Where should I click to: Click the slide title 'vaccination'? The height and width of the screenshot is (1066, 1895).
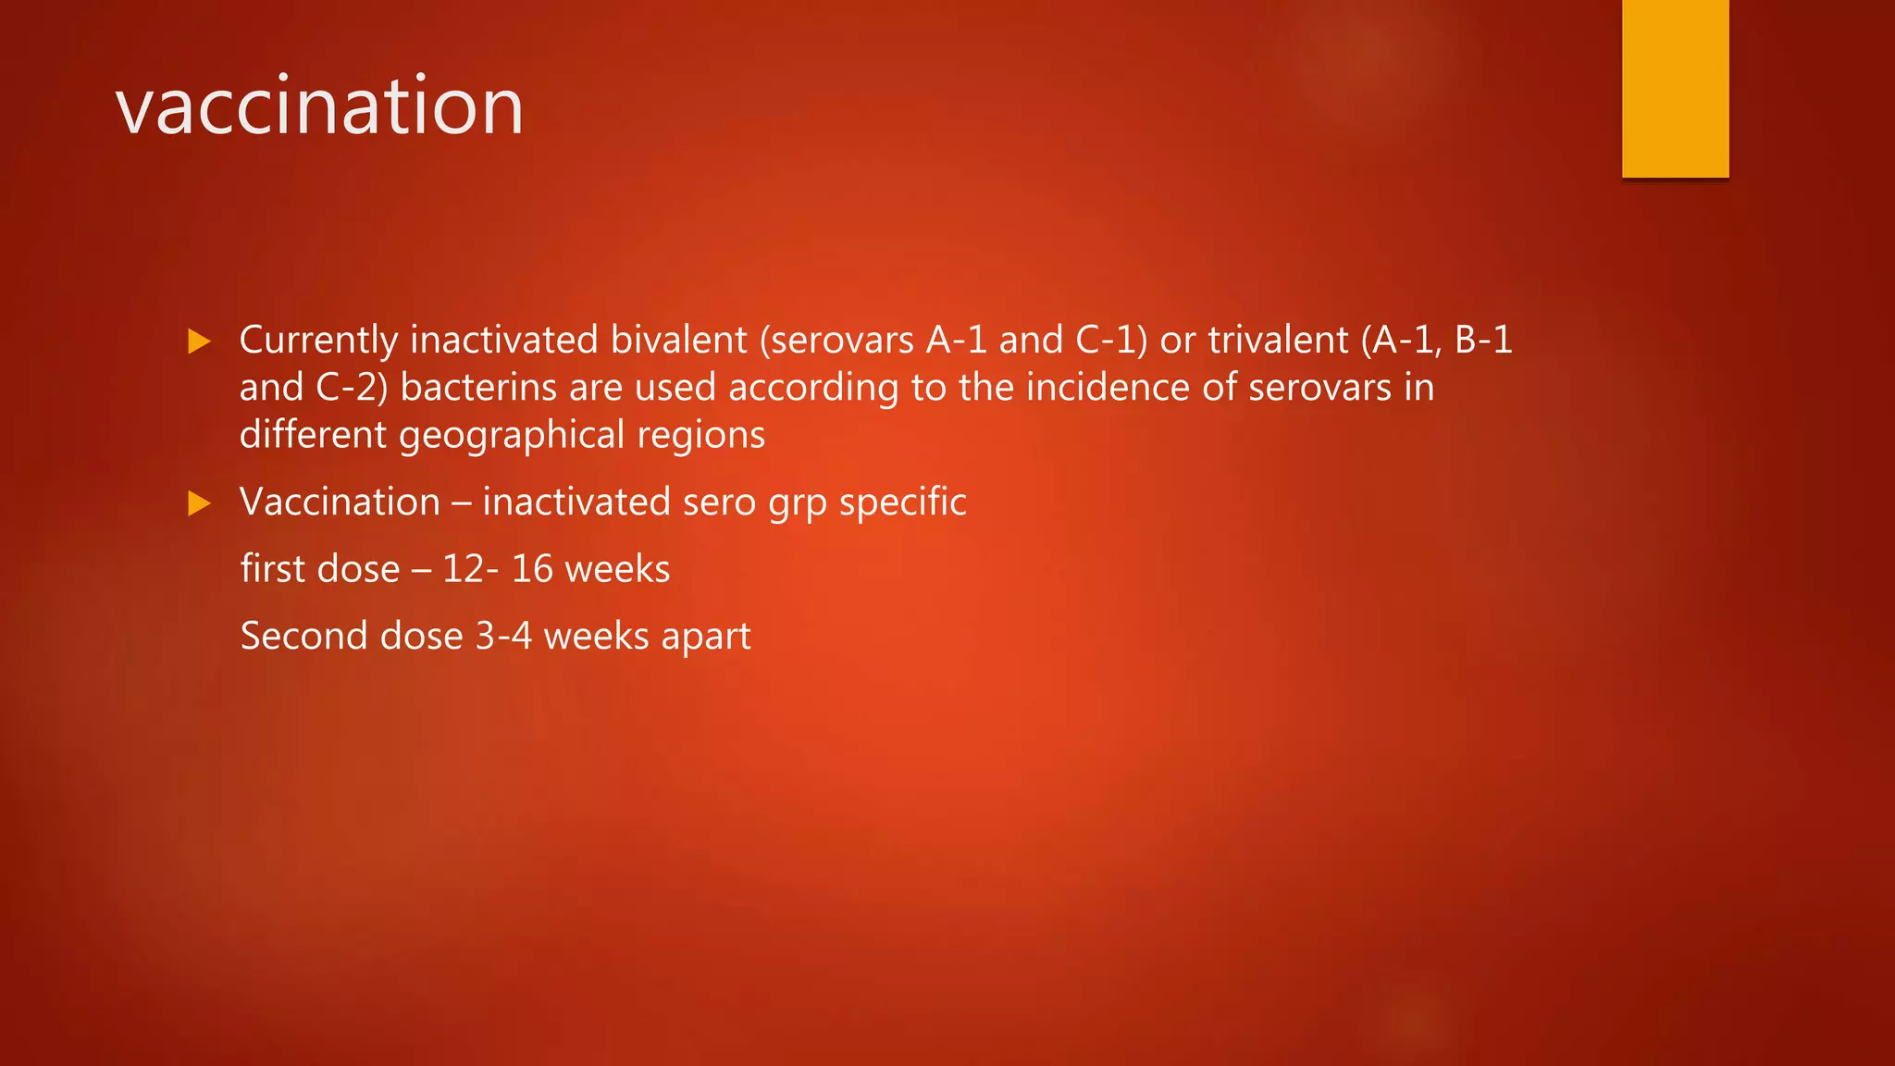[x=319, y=106]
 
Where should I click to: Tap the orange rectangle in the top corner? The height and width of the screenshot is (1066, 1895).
[x=1675, y=88]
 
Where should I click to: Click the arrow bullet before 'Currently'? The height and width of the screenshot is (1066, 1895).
[x=199, y=341]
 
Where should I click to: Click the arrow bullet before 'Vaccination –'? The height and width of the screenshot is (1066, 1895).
[x=199, y=503]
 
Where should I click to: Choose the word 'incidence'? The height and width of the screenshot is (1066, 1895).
[x=1108, y=387]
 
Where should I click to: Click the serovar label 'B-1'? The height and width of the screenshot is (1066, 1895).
[x=1483, y=340]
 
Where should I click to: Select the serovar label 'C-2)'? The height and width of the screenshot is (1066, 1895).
[x=352, y=387]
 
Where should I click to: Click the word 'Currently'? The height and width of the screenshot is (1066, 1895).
[x=318, y=340]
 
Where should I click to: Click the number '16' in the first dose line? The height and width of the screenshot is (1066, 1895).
[x=532, y=569]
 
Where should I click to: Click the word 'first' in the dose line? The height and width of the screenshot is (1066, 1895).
[x=272, y=569]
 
